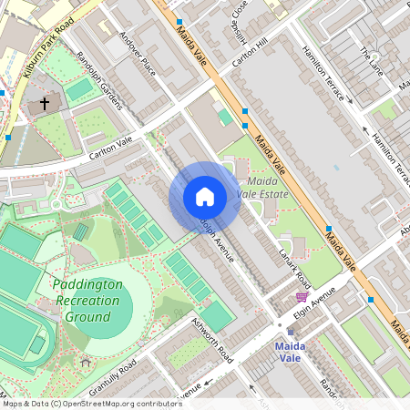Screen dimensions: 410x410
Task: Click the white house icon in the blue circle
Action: pyautogui.click(x=205, y=197)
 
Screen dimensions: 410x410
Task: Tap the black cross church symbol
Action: pyautogui.click(x=45, y=104)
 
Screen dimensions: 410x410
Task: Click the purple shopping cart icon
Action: pyautogui.click(x=302, y=296)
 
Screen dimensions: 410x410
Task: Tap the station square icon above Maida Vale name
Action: pyautogui.click(x=291, y=332)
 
